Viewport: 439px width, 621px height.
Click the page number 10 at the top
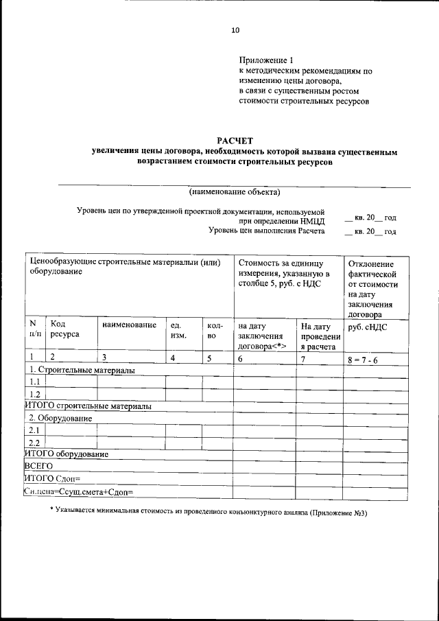(235, 30)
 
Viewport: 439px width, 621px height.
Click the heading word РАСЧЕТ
(235, 141)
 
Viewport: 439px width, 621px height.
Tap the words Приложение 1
(264, 60)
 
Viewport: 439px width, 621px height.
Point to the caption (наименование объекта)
(235, 191)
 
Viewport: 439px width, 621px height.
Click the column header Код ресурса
(64, 329)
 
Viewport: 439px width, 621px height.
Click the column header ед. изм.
(178, 329)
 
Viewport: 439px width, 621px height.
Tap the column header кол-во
(212, 329)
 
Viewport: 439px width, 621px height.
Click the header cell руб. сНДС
(368, 327)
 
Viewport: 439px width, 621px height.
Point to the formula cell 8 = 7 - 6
(367, 358)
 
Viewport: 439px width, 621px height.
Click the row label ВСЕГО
(38, 466)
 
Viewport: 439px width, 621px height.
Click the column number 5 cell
(209, 358)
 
